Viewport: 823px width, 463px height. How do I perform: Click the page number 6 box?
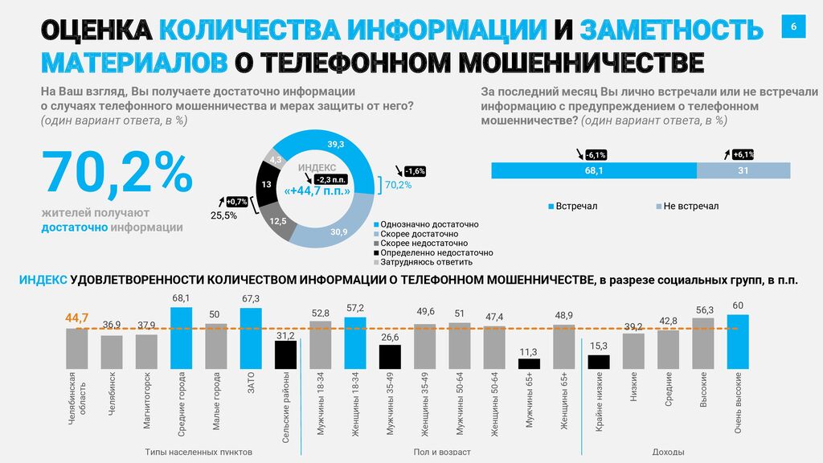793,27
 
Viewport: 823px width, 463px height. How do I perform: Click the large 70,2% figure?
117,172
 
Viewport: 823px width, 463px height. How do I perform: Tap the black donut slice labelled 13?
266,185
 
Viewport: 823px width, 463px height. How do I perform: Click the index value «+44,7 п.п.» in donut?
317,191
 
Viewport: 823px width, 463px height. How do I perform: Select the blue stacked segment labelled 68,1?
593,170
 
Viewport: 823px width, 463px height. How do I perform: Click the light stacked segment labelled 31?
743,170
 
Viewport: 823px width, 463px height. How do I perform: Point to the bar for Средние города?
182,338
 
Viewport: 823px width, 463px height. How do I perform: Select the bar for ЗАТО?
251,338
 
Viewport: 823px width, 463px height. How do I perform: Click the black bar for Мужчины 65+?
529,363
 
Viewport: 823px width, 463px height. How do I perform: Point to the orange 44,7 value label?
77,318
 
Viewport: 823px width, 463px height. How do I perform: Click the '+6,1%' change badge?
742,154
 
